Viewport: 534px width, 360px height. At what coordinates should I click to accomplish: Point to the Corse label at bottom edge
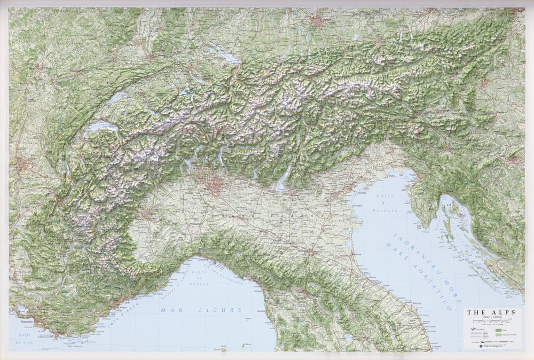click(x=217, y=349)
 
